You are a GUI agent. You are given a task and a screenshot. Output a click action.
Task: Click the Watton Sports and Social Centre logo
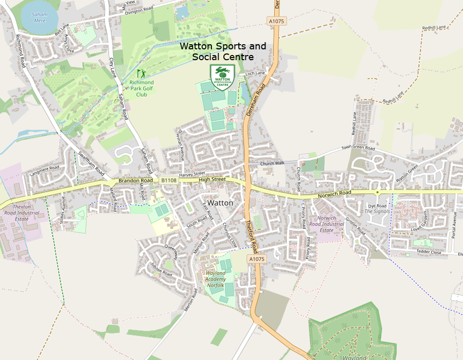tap(223, 77)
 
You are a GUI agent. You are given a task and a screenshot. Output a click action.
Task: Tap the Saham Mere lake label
tap(40, 18)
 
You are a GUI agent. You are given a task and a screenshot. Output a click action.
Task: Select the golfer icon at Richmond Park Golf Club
tap(141, 74)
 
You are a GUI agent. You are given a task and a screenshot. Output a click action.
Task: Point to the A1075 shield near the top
tap(276, 21)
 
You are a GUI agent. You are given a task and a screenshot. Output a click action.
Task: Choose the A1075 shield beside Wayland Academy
tap(257, 260)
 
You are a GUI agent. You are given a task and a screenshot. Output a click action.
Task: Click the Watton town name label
tap(220, 203)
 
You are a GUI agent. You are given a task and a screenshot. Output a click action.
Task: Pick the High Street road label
tap(212, 179)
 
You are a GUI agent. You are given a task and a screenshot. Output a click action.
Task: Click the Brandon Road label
tap(135, 181)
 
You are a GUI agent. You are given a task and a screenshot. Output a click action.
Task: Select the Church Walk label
tap(272, 164)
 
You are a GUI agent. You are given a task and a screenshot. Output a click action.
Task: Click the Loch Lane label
tap(255, 74)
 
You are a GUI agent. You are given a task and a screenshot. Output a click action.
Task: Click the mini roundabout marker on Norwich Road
tap(377, 192)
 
